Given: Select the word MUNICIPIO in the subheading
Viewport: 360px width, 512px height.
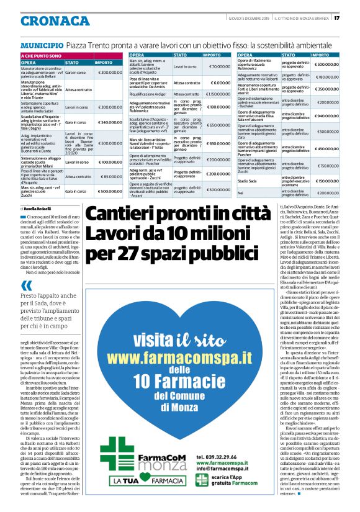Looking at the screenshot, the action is (x=42, y=45).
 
